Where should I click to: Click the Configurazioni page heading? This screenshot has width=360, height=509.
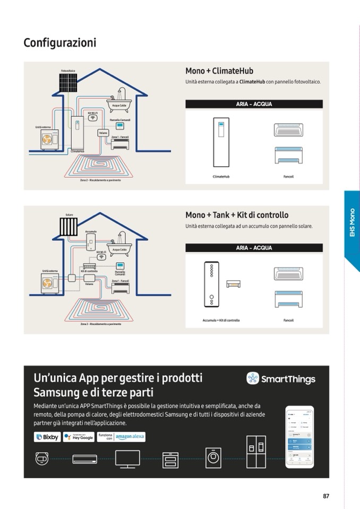click(60, 42)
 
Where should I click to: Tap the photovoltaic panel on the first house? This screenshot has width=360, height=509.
click(67, 82)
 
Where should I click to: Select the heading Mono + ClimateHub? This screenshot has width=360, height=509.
click(219, 71)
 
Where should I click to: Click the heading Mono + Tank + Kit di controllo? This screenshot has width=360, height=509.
click(237, 215)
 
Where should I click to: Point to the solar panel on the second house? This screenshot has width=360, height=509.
click(69, 226)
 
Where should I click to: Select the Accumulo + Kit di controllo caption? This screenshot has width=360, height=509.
click(221, 321)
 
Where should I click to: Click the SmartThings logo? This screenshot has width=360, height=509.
click(281, 378)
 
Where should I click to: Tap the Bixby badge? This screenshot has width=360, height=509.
click(47, 437)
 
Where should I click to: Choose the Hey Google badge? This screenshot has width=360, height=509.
click(79, 437)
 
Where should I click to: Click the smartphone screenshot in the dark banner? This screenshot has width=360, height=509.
click(299, 436)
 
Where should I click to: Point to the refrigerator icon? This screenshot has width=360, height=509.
click(256, 452)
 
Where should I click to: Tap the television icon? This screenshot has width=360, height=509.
click(127, 459)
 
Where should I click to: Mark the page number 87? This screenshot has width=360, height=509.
click(326, 496)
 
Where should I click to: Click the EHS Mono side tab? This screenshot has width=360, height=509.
click(352, 222)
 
